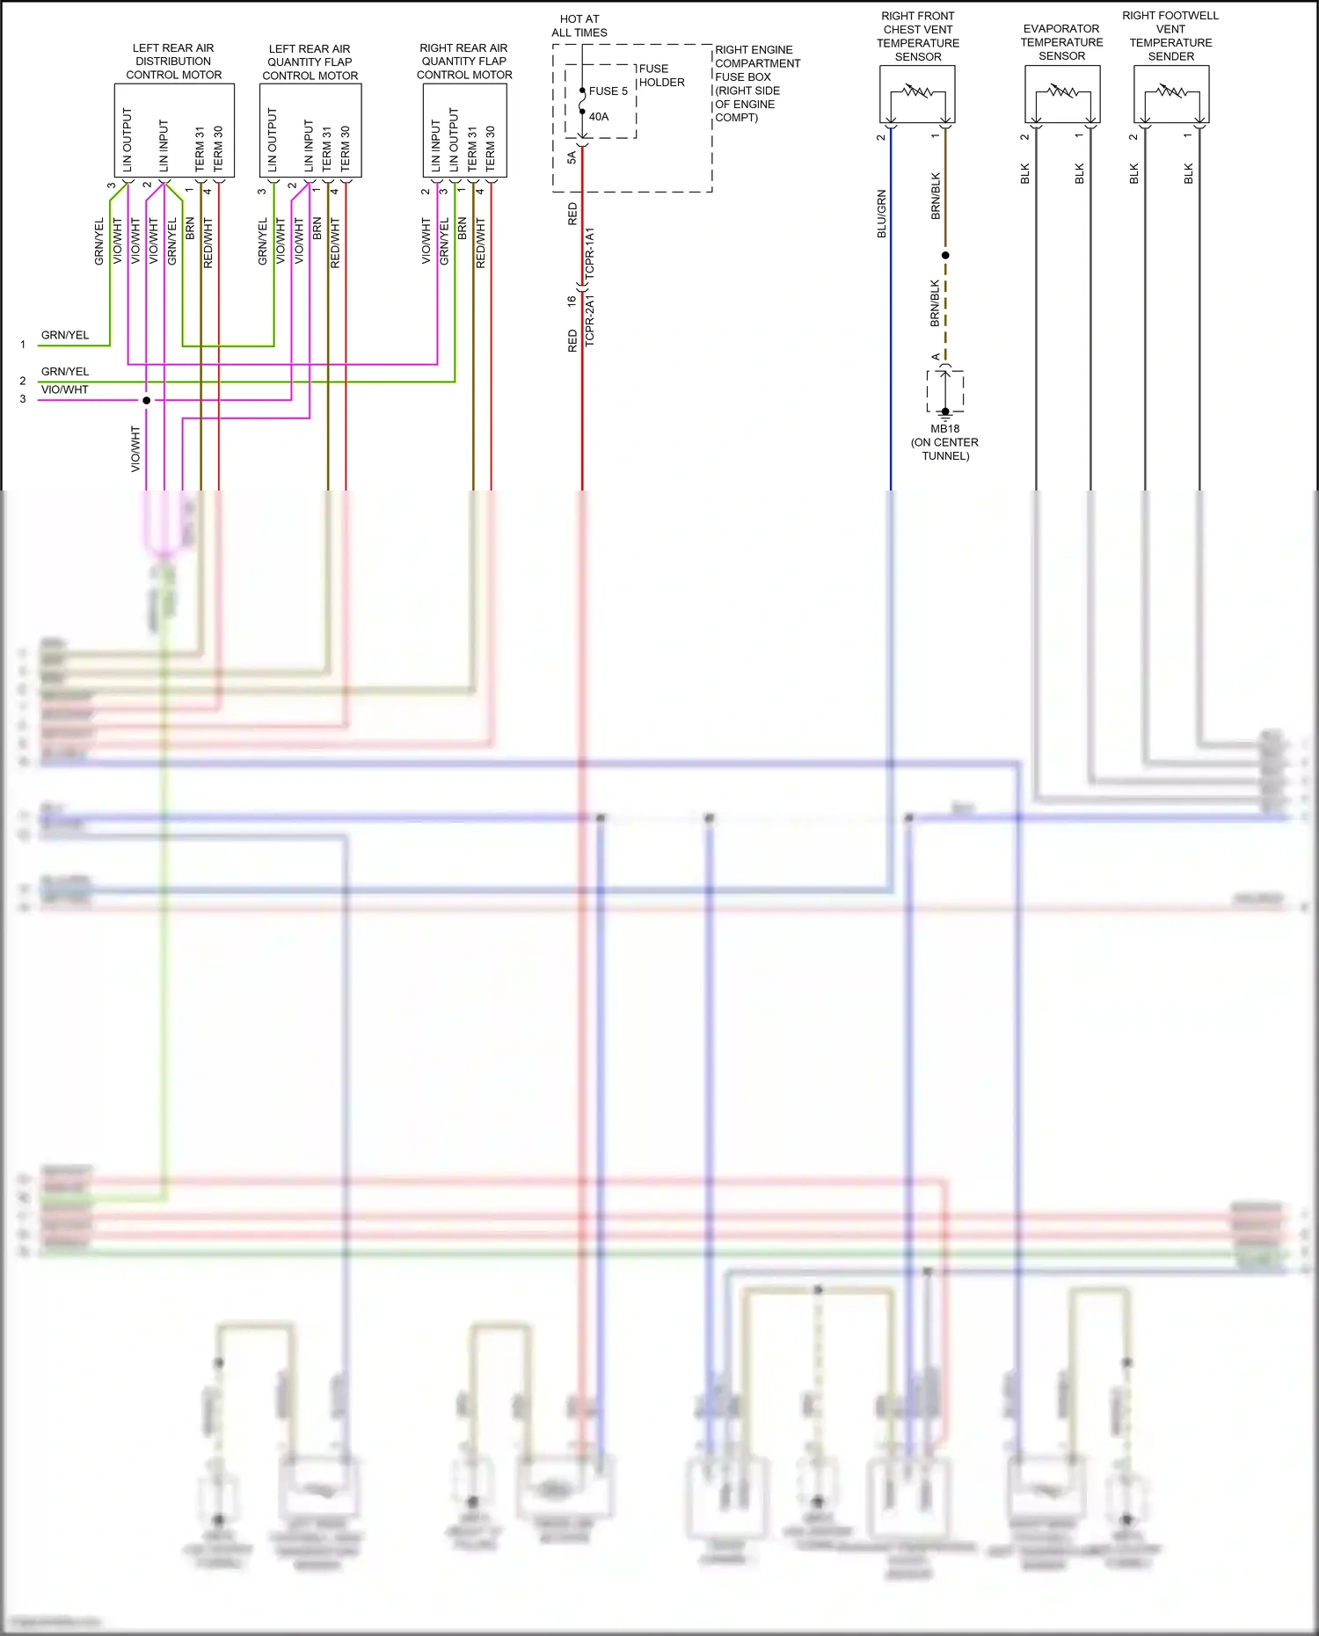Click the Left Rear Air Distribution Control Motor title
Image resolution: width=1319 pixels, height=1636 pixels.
(173, 62)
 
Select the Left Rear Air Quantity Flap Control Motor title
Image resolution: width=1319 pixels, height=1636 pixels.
(310, 62)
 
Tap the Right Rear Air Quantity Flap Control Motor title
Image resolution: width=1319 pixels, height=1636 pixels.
(464, 62)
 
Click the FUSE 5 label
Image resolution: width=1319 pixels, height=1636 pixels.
(608, 91)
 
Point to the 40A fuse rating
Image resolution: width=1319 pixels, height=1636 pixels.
(599, 117)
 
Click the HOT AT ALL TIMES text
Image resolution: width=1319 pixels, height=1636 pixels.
(579, 26)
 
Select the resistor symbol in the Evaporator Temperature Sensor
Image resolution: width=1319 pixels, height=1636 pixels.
(1062, 91)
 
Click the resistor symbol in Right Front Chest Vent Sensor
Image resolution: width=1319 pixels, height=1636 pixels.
(917, 91)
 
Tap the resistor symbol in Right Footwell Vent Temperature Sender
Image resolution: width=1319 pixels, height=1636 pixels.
(1171, 91)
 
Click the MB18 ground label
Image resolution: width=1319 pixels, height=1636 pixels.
(945, 429)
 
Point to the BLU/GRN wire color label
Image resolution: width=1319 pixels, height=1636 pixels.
(881, 214)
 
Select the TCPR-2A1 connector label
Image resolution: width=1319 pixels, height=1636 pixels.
(590, 320)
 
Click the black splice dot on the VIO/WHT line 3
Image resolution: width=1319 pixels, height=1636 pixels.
(147, 401)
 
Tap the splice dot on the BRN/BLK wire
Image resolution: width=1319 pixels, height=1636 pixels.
(945, 255)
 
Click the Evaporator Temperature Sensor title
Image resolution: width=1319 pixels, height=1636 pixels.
(1061, 42)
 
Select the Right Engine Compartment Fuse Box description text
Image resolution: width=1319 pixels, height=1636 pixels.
(757, 84)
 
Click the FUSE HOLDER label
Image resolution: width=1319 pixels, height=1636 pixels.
(661, 76)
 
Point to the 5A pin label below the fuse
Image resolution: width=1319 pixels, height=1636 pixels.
(572, 157)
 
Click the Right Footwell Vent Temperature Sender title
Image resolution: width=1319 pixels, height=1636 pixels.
(1170, 36)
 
